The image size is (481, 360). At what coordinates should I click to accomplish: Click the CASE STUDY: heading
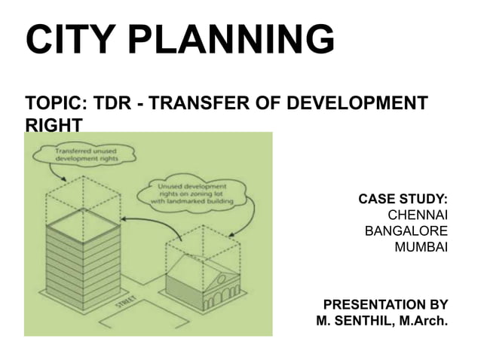tap(403, 200)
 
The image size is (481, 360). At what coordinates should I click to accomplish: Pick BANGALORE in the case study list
tap(406, 231)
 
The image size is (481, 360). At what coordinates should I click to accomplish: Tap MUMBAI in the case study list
tap(421, 247)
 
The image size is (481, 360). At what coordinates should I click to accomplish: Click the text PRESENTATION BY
tap(385, 305)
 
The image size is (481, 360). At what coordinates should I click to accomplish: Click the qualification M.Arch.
tap(424, 323)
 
